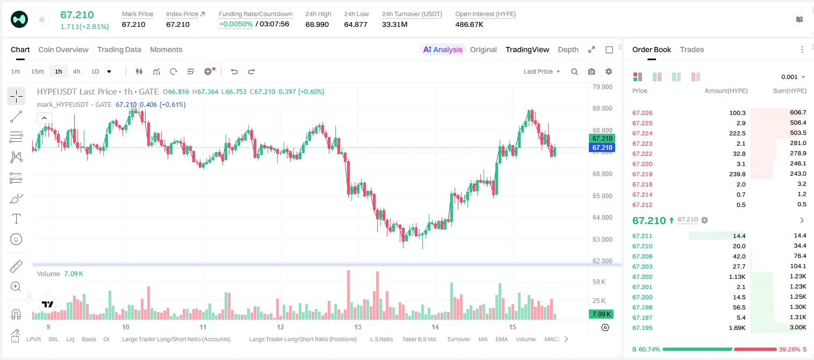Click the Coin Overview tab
coord(63,49)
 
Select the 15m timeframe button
coord(37,71)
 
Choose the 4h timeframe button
coord(76,71)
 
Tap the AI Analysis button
coord(443,49)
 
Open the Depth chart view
coord(568,49)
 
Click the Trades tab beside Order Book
coord(692,49)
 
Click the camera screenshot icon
coord(592,71)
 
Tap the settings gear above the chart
coord(609,71)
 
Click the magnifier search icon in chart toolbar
coord(574,71)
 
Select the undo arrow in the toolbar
coord(234,71)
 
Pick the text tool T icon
coord(16,219)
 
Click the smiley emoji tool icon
coord(16,239)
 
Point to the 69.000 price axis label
coord(602,108)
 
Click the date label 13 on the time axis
coord(358,327)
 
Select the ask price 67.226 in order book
coord(642,113)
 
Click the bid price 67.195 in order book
coord(642,328)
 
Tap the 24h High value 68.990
coord(317,24)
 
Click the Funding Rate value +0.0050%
coord(235,24)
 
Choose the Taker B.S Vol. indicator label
coord(419,339)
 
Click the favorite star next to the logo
coord(42,19)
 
